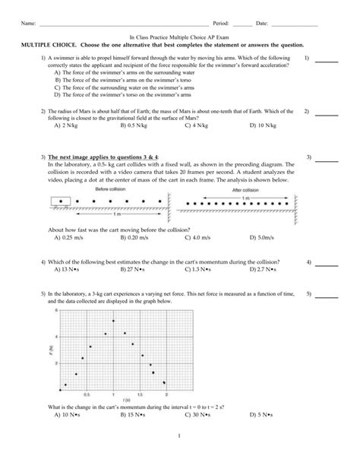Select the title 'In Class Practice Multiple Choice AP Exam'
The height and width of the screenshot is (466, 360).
point(179,36)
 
